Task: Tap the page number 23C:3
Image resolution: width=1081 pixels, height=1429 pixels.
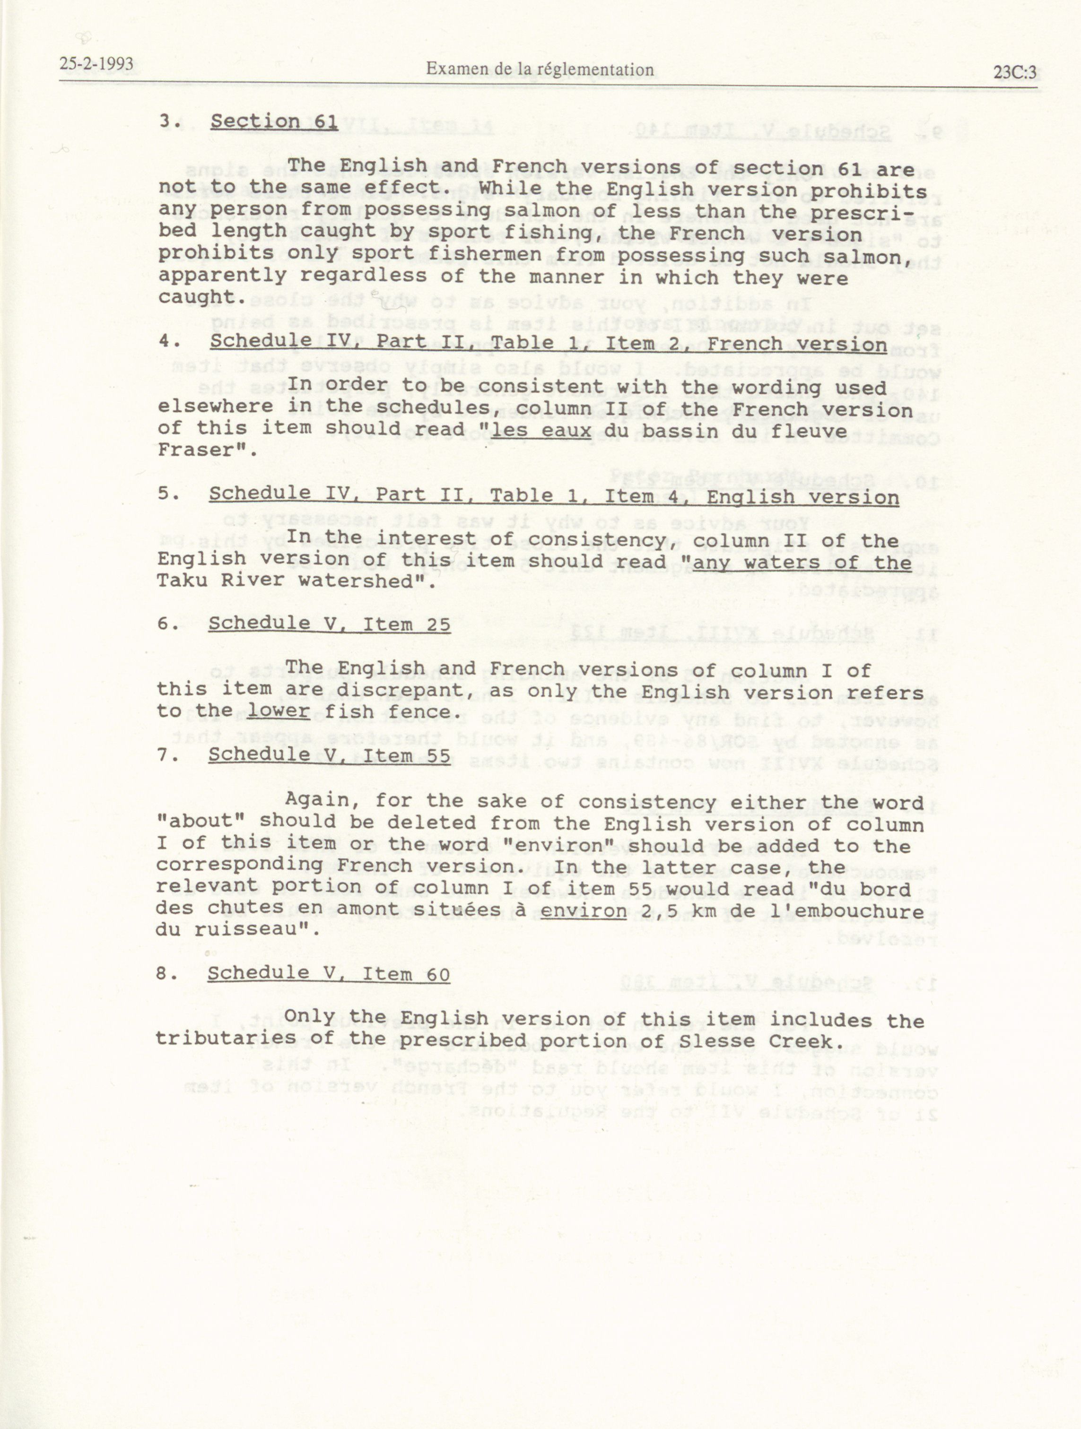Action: pyautogui.click(x=1014, y=72)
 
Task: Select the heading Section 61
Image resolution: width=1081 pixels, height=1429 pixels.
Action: pyautogui.click(x=274, y=121)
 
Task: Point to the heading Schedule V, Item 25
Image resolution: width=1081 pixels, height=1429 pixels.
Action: pyautogui.click(x=329, y=624)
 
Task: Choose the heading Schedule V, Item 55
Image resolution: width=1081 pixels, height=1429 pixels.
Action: pyautogui.click(x=329, y=755)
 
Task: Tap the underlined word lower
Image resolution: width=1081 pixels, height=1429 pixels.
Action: pyautogui.click(x=279, y=711)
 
